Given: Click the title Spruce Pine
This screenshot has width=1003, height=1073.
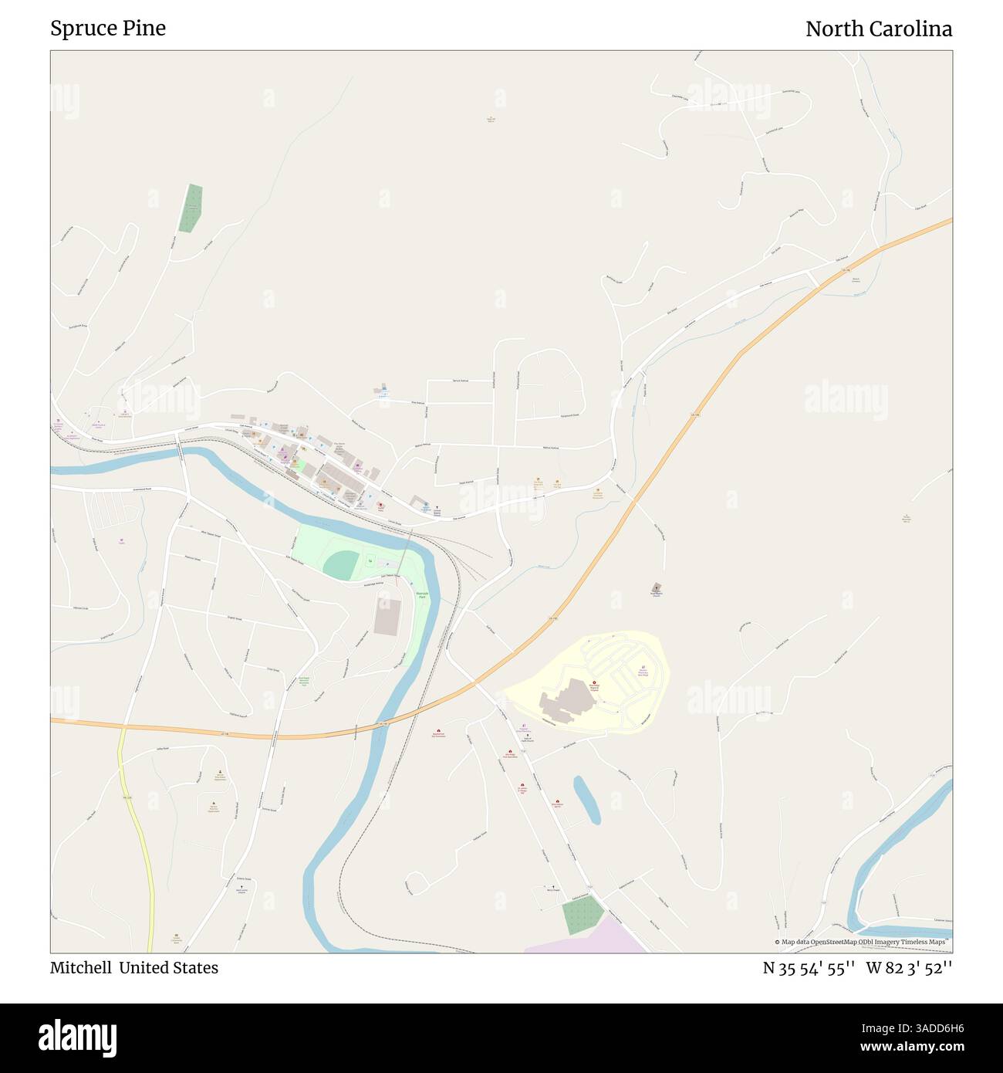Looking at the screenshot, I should coord(108,29).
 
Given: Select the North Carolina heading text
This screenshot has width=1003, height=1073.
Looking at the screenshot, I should coord(878,29).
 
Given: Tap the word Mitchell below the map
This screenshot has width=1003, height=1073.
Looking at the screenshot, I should coord(80,967).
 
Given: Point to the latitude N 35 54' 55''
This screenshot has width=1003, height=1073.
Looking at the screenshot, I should coord(808,967).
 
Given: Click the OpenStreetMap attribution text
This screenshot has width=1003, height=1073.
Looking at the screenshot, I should coord(863,942).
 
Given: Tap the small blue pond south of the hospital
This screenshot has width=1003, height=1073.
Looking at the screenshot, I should coord(586,800).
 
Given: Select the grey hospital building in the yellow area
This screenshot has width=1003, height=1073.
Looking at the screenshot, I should coord(567,699).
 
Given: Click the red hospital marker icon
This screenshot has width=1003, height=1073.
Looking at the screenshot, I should coord(594,682).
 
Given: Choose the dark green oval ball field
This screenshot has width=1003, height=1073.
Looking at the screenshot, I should coord(341,566).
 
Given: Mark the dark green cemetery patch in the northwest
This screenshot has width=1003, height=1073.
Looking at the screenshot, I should coord(191,208).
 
